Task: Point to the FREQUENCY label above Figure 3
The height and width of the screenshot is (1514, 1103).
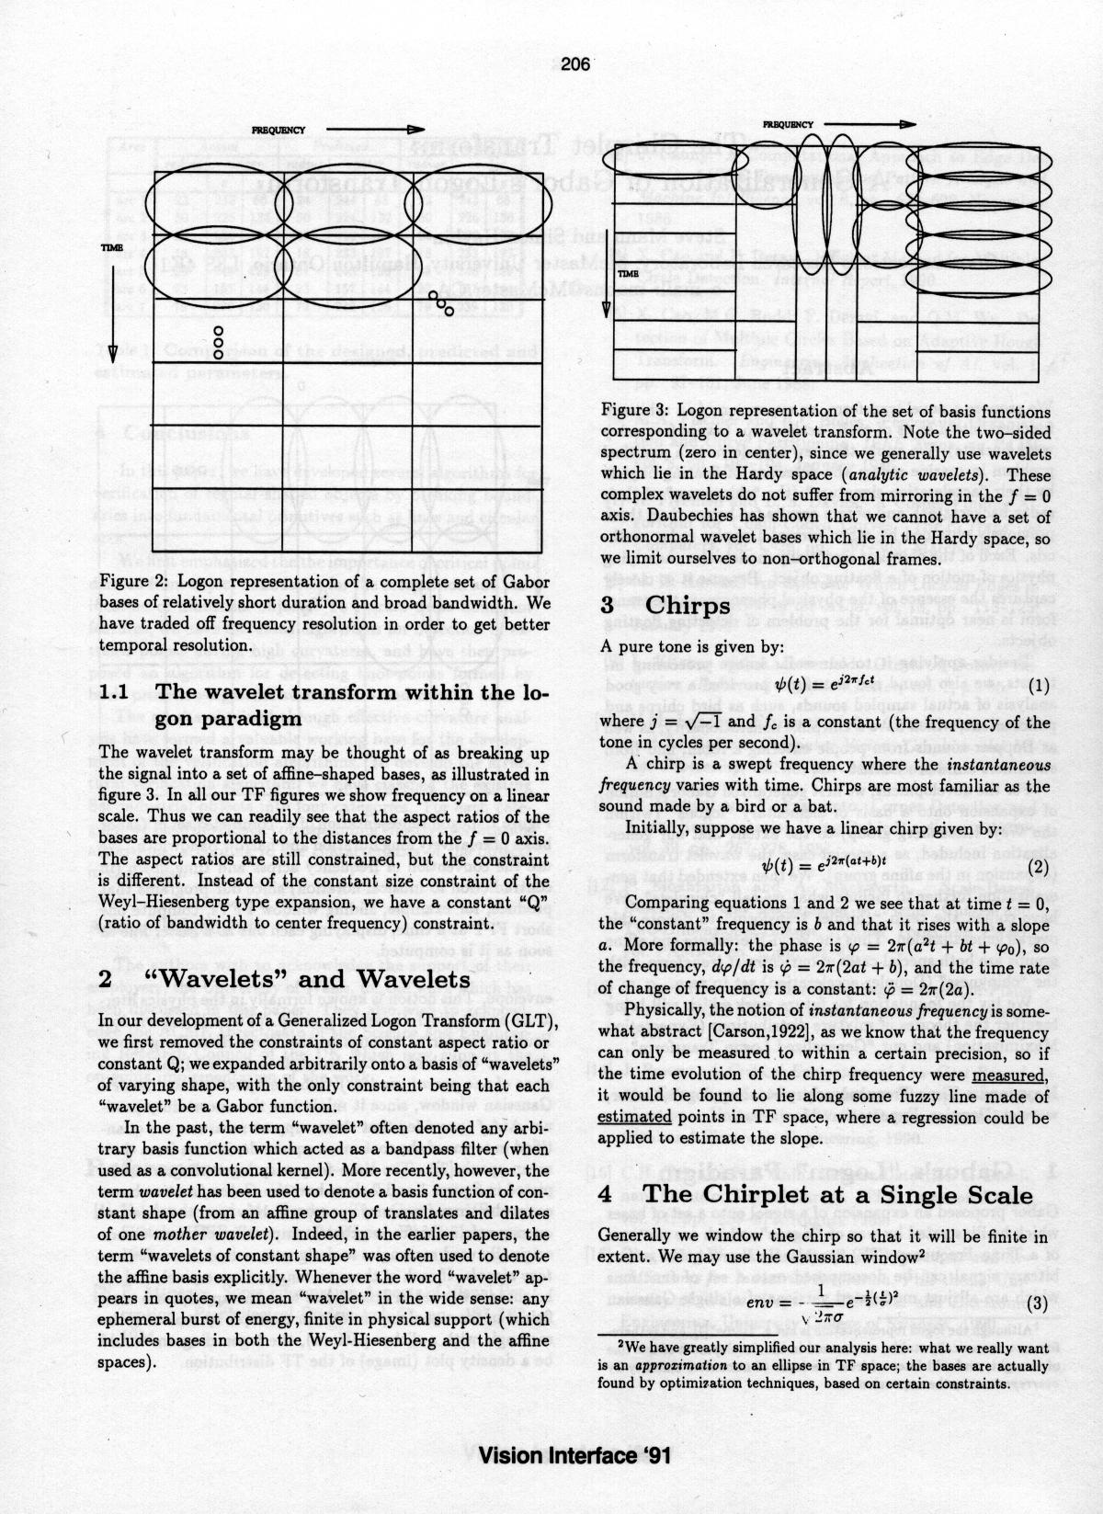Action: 788,124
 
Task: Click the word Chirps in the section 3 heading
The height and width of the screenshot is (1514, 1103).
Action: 688,607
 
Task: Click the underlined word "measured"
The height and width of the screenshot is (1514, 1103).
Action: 1009,1075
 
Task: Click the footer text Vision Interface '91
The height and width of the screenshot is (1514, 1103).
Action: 574,1456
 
